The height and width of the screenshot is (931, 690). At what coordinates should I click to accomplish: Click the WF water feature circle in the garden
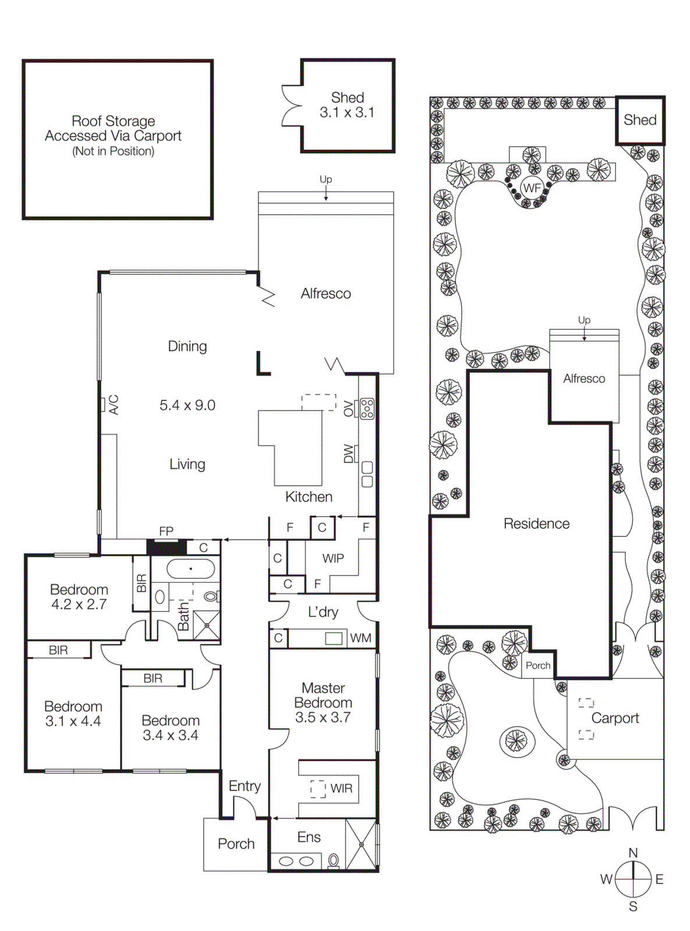coord(532,188)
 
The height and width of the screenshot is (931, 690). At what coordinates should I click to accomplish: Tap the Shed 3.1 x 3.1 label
coord(347,105)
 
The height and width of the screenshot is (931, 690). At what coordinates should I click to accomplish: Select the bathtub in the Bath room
coord(190,568)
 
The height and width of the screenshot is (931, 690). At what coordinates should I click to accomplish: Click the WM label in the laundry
coord(360,638)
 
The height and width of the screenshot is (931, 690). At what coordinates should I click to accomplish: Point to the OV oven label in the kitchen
coord(349,408)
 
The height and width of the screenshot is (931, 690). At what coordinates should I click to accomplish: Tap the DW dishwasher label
coord(349,453)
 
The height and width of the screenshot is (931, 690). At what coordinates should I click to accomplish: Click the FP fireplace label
coord(166,531)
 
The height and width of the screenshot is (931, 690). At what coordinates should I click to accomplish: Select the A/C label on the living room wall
coord(114,404)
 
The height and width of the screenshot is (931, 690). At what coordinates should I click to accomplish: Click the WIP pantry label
coord(333,559)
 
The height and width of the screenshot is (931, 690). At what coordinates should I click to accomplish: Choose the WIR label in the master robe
coord(341,788)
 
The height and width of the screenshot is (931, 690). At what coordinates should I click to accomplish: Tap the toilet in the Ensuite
coord(334,860)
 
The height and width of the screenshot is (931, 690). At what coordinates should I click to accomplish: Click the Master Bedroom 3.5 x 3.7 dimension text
coord(323,717)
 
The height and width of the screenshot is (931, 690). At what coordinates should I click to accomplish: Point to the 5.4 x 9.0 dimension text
coord(187,405)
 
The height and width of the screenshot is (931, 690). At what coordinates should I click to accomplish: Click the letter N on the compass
coord(633,852)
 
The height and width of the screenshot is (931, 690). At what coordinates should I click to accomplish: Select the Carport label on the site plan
coord(615,718)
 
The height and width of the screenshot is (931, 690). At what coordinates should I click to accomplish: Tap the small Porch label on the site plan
coord(538,666)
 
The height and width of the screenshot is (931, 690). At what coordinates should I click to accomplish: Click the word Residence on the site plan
coord(536,524)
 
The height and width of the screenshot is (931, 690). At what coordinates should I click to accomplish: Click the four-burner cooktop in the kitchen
coord(367,409)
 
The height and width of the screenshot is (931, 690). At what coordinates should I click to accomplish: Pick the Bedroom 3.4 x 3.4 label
coord(171,728)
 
